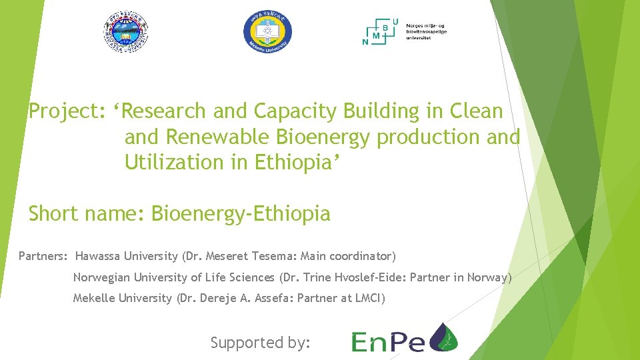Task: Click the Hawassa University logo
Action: (x=125, y=32)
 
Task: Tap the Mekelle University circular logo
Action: (x=267, y=32)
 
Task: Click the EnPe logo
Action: (x=404, y=337)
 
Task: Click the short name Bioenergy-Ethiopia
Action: (x=241, y=214)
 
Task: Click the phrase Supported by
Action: (x=261, y=343)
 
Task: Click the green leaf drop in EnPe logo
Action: (x=444, y=337)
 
